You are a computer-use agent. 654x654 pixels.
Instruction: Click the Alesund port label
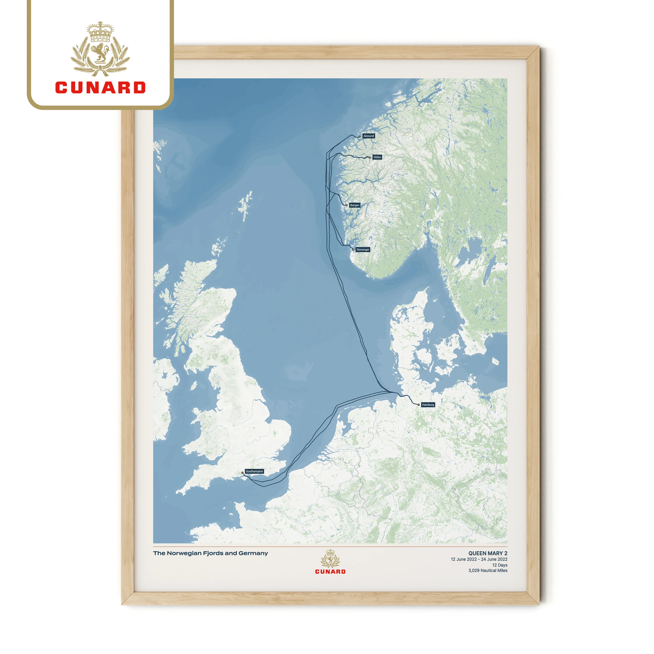pyautogui.click(x=369, y=136)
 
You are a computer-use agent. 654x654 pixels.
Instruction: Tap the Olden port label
pyautogui.click(x=377, y=157)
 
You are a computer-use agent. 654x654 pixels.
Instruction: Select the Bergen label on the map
pyautogui.click(x=355, y=205)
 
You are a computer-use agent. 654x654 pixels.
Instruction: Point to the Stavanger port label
pyautogui.click(x=363, y=249)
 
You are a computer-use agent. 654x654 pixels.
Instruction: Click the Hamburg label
pyautogui.click(x=428, y=405)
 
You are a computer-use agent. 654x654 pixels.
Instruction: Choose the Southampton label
pyautogui.click(x=254, y=471)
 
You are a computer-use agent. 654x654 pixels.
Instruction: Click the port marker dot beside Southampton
pyautogui.click(x=242, y=473)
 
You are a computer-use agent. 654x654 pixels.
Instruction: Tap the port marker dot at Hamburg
pyautogui.click(x=419, y=405)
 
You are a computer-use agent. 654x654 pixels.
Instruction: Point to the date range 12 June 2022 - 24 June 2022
pyautogui.click(x=479, y=559)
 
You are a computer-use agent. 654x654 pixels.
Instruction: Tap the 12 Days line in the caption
pyautogui.click(x=500, y=565)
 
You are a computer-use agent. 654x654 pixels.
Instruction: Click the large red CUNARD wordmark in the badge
pyautogui.click(x=100, y=88)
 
